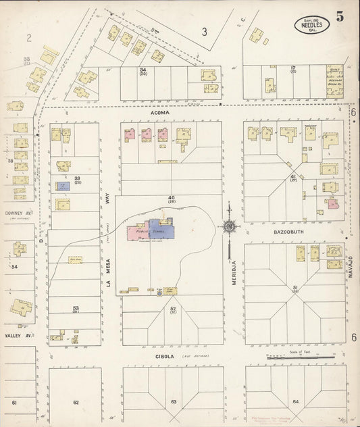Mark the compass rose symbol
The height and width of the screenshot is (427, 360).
point(230,227)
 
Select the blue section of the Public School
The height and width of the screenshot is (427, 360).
point(162,228)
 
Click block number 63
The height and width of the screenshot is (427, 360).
point(174,402)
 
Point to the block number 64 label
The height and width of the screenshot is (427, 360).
point(295,402)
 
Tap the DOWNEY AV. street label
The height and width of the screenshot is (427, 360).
point(16,211)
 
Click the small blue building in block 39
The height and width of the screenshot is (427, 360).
point(62,184)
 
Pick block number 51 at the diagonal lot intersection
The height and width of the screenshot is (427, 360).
point(295,288)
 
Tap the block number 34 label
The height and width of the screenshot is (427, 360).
point(143,71)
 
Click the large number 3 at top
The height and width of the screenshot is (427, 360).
point(203,31)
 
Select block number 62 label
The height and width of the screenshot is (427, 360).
point(76,402)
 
